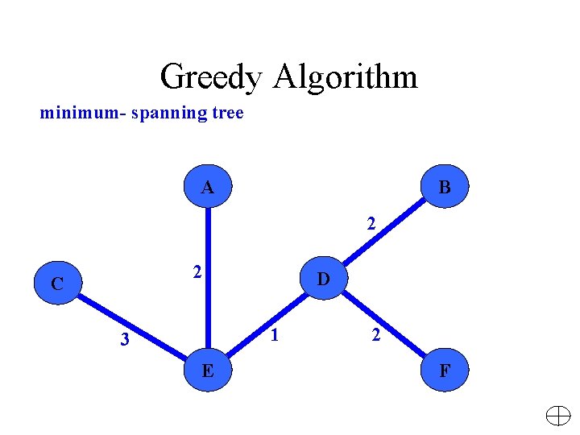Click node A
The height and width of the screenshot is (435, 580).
(207, 187)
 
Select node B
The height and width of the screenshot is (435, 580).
(444, 187)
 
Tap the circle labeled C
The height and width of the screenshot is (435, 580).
(56, 283)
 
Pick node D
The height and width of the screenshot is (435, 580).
(322, 279)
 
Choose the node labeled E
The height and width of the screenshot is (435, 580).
(207, 371)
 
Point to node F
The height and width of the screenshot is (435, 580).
(444, 371)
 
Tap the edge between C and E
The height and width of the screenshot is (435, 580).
(133, 327)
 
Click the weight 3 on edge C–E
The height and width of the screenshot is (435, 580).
(124, 340)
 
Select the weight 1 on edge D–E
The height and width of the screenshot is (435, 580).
(275, 334)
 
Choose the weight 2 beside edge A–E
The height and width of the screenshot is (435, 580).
(196, 273)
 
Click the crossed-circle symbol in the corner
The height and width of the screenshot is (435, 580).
(557, 416)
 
